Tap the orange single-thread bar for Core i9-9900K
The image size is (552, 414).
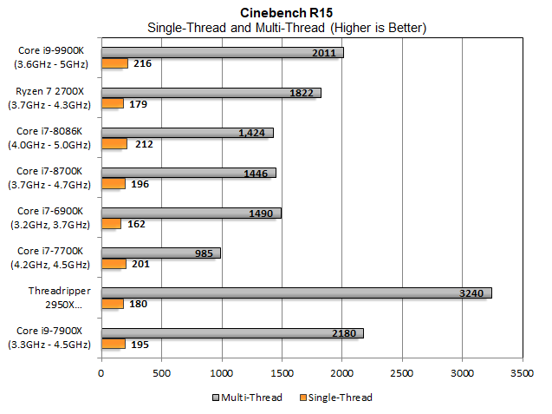tap(115, 63)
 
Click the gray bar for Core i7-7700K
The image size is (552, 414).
tap(161, 253)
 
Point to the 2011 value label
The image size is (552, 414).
tap(324, 53)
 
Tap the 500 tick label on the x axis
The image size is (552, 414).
tap(161, 374)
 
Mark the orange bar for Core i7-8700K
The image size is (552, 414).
tap(114, 183)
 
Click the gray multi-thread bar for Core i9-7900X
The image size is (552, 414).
tap(232, 333)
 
